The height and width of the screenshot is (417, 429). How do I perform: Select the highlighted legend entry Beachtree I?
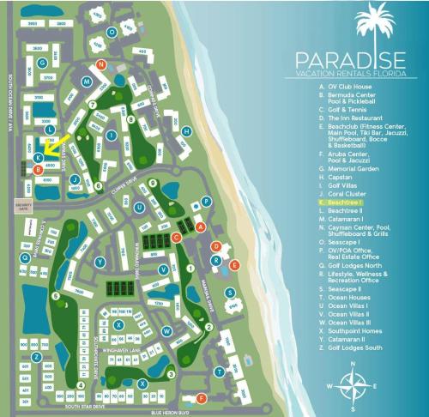pyautogui.click(x=340, y=202)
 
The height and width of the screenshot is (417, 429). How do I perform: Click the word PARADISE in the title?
pyautogui.click(x=348, y=60)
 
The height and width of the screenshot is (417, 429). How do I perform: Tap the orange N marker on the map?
pyautogui.click(x=101, y=64)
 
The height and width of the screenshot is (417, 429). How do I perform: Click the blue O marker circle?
pyautogui.click(x=112, y=32)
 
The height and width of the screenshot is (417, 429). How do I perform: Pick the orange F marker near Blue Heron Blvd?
pyautogui.click(x=202, y=398)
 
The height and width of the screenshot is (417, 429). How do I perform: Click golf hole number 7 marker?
pyautogui.click(x=92, y=104)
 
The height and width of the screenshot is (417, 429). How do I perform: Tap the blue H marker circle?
pyautogui.click(x=186, y=131)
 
